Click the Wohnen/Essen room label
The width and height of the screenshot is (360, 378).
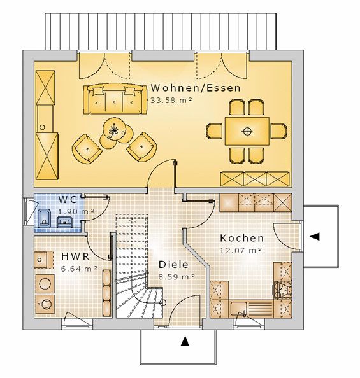click(196, 88)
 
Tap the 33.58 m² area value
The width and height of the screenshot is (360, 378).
click(171, 100)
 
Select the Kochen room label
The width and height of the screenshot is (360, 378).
click(241, 238)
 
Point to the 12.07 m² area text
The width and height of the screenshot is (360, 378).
click(240, 250)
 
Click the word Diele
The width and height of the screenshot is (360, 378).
click(173, 265)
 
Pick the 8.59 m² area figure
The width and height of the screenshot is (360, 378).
click(176, 277)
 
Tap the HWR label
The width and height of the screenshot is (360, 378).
click(75, 256)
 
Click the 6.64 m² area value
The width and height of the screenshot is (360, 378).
click(79, 269)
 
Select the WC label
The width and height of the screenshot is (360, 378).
click(68, 200)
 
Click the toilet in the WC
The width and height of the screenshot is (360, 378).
click(44, 218)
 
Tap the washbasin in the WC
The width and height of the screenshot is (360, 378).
click(64, 222)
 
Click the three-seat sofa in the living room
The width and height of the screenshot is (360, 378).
click(115, 99)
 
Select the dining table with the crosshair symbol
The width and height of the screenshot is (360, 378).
click(247, 131)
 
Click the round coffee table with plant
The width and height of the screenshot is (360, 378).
click(114, 129)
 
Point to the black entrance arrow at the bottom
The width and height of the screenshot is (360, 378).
click(185, 341)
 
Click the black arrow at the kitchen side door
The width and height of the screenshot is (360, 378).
click(315, 236)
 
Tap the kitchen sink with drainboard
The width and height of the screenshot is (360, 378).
click(251, 309)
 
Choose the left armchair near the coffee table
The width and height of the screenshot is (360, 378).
click(87, 149)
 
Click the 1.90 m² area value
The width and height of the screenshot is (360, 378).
click(76, 211)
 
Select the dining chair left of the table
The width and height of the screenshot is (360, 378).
click(214, 131)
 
